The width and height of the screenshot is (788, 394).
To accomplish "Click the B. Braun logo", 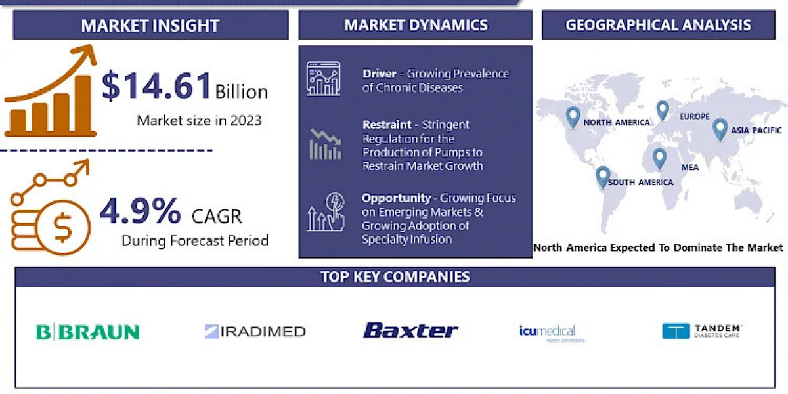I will click(x=87, y=332).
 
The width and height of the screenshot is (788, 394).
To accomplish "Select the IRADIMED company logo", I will click(x=255, y=332).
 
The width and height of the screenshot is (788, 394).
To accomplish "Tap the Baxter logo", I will click(x=410, y=330).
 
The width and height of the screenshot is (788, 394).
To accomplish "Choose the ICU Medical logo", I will click(x=547, y=332).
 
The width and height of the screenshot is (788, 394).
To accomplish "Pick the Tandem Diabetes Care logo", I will click(x=702, y=331).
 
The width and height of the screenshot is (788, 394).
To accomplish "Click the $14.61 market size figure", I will click(x=158, y=86).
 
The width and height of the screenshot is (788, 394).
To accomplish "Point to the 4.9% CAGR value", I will click(x=140, y=211).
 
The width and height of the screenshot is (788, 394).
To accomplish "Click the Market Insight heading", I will click(x=150, y=26).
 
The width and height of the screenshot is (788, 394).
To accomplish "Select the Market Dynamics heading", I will click(x=416, y=25).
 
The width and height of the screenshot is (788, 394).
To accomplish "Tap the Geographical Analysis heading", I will click(x=658, y=25).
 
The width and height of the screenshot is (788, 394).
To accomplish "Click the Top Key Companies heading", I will click(x=395, y=276).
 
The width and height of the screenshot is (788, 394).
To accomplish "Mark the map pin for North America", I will click(x=573, y=117).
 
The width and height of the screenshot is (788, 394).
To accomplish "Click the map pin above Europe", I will click(x=663, y=110).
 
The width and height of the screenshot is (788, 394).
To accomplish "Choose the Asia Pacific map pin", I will click(x=720, y=128).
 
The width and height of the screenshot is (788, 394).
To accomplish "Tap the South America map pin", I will click(x=603, y=176).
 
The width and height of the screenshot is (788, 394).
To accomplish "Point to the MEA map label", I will click(x=689, y=167).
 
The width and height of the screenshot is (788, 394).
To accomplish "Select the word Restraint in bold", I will click(x=387, y=124).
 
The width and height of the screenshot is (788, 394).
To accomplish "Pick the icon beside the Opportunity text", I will click(x=326, y=211).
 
